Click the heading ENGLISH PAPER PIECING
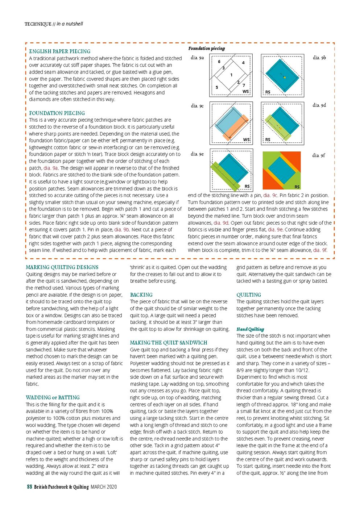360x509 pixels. pos(60,51)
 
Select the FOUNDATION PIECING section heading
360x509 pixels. pos(57,113)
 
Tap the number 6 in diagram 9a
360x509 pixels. pos(219,62)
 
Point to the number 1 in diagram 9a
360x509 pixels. pos(231,75)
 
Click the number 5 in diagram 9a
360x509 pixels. pos(217,87)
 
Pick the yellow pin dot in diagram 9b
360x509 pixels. pos(285,77)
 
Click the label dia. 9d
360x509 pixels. pos(319,105)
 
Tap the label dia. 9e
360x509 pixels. pos(197,154)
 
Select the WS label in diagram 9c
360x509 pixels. pos(246,139)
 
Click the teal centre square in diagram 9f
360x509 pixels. pos(282,170)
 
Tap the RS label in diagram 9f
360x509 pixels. pos(297,187)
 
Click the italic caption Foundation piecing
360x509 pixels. pos(206,49)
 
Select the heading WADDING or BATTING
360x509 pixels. pos(53,397)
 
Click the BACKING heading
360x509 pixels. pos(141,295)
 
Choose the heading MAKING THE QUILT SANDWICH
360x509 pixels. pos(169,343)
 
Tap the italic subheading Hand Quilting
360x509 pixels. pos(250,329)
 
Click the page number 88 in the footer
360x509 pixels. pos(30,487)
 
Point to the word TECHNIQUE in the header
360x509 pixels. pos(38,24)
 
